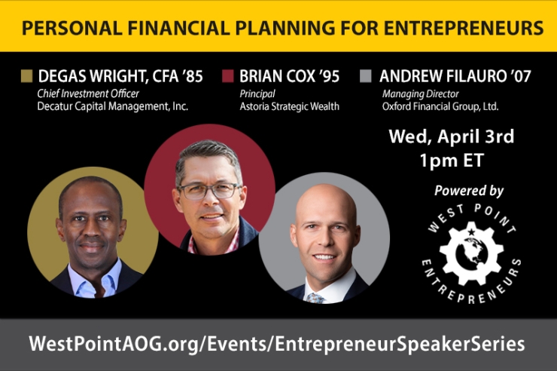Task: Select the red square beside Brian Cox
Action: click(x=228, y=76)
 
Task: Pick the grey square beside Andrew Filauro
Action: click(x=366, y=76)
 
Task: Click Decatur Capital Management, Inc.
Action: click(x=112, y=106)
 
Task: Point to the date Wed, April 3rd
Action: click(x=451, y=137)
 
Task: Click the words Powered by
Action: click(x=469, y=191)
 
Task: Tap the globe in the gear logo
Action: click(x=470, y=255)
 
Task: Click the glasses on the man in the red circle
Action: click(x=208, y=190)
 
